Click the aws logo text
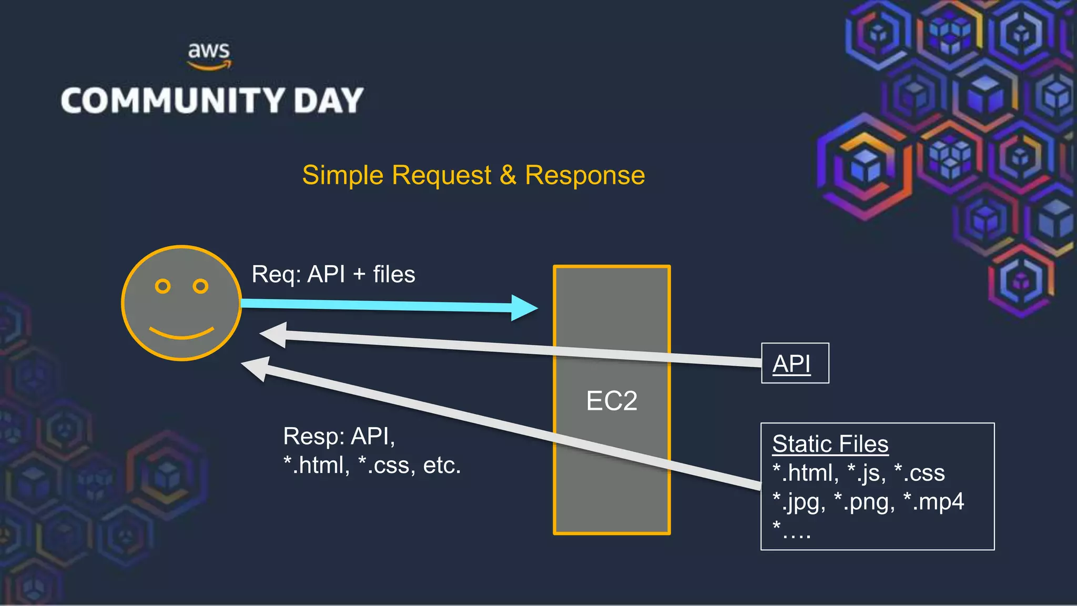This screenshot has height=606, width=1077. (209, 52)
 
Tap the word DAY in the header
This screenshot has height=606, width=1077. (329, 100)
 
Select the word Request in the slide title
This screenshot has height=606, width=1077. (442, 175)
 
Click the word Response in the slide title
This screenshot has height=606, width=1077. (585, 175)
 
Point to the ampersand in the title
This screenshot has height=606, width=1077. (508, 175)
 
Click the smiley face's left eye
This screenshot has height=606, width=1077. (162, 286)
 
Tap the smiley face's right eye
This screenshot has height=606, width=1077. (200, 286)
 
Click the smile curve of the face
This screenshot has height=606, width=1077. (181, 334)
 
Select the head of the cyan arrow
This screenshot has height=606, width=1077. (524, 308)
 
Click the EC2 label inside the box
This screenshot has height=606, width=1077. (612, 401)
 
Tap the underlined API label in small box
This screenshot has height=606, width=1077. (791, 363)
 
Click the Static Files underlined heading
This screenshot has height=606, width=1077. (830, 444)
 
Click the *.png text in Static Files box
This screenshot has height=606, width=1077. (864, 502)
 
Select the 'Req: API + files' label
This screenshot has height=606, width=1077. (333, 275)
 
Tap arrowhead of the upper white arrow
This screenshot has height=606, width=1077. (275, 335)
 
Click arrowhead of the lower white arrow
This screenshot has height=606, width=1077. (257, 368)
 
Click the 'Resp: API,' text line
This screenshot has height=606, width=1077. (339, 436)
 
